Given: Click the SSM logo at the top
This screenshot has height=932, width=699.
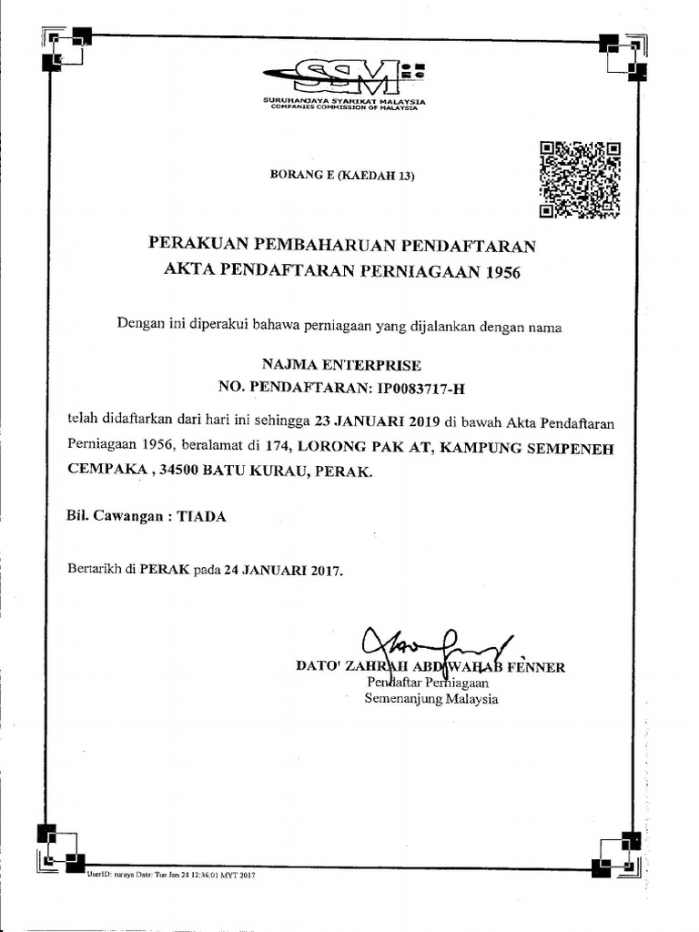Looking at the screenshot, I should tap(344, 77).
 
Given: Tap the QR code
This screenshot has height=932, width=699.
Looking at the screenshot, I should tap(580, 179).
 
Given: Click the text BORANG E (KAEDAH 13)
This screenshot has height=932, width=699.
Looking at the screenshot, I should tap(342, 177).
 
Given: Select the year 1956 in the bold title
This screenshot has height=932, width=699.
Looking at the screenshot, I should tap(500, 270).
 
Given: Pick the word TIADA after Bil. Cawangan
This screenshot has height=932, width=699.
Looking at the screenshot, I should tap(201, 516).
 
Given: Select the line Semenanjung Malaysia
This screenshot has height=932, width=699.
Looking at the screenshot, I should tap(431, 699).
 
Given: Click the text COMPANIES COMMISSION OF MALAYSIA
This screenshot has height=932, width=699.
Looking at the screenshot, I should tap(345, 108).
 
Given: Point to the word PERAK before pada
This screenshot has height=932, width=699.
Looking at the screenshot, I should tap(164, 571).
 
